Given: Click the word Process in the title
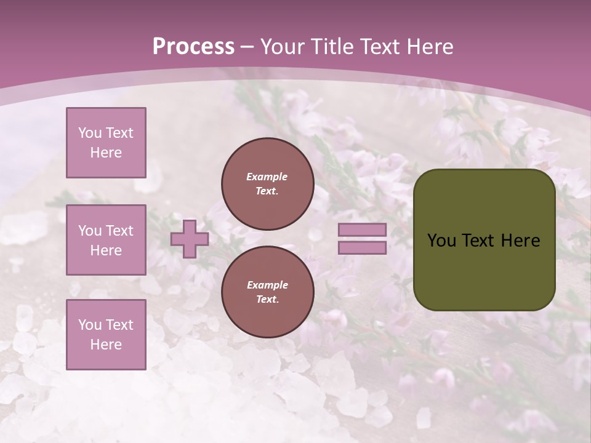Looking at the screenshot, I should [193, 47].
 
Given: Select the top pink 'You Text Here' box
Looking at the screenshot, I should [106, 143].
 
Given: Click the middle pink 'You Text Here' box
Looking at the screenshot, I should [106, 240].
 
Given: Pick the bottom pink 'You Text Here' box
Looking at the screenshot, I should [106, 335].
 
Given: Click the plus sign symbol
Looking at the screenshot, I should [190, 239].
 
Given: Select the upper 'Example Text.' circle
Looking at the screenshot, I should [268, 184].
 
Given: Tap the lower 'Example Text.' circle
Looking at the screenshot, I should [268, 292].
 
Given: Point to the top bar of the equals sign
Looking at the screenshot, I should [363, 230].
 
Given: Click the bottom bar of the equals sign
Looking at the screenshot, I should [363, 247].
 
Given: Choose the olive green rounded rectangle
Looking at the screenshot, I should [484, 271].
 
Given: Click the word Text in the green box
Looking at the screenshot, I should [478, 241].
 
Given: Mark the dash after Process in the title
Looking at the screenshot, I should [247, 47].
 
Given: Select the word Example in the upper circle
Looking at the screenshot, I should [267, 177].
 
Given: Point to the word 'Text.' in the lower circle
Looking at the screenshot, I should [267, 300].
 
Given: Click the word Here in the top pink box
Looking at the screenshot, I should [106, 153].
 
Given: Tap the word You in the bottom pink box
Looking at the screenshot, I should [90, 325].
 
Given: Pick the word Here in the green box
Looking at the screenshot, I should [520, 241].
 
